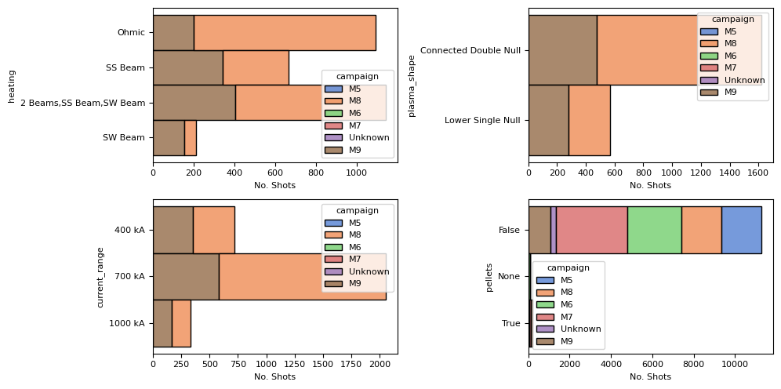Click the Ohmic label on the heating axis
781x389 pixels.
[x=131, y=33]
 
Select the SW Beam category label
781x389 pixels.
[x=124, y=138]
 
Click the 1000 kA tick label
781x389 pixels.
[x=126, y=323]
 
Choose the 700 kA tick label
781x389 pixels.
[x=129, y=276]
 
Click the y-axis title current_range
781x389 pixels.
[x=100, y=277]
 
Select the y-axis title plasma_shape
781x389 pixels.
[x=411, y=85]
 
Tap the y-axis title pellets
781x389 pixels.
[x=489, y=277]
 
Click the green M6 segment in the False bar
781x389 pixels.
[x=654, y=230]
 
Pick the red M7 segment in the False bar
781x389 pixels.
[x=591, y=230]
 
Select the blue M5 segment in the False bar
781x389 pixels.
[x=741, y=230]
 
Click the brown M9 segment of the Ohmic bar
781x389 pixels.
[x=173, y=33]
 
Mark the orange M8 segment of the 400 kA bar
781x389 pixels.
[x=213, y=230]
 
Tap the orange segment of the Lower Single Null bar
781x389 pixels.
[x=589, y=121]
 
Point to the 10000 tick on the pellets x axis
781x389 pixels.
[x=734, y=365]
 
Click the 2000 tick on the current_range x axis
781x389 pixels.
[x=380, y=365]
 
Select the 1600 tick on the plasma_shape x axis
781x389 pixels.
[x=758, y=173]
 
